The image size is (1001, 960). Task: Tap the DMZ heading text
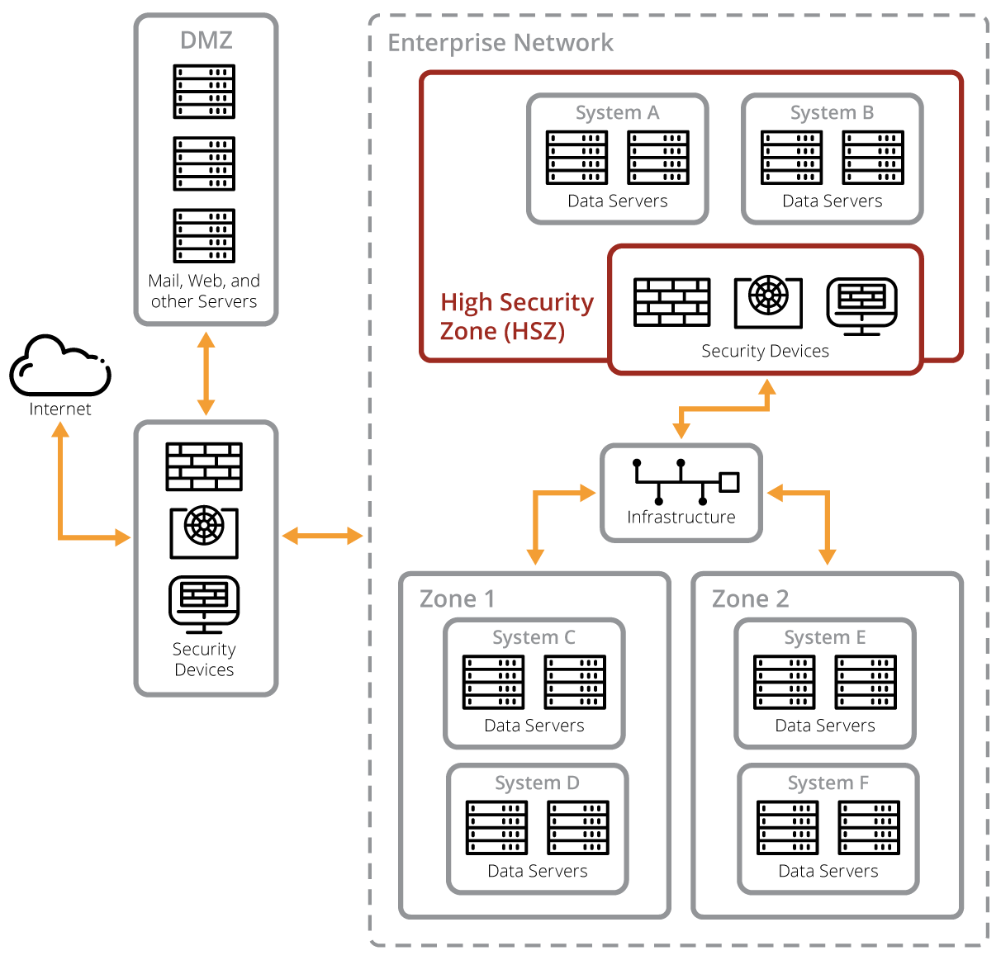[x=206, y=40]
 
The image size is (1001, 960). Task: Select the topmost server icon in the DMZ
[x=204, y=92]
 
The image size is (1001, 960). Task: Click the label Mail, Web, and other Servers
[x=204, y=291]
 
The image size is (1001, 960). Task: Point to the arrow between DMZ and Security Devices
[x=206, y=373]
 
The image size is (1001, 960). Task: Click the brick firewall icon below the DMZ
[x=204, y=467]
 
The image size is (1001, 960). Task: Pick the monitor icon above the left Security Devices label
[x=204, y=603]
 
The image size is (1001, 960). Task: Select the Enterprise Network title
[x=500, y=43]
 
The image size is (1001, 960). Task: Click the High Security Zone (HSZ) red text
[x=516, y=316]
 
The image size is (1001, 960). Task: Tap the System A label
[x=617, y=112]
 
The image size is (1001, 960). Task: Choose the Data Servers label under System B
[x=832, y=201]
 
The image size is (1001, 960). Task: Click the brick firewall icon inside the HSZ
[x=672, y=302]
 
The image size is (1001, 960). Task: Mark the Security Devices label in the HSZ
[x=765, y=351]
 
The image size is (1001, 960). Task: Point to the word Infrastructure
[x=681, y=518]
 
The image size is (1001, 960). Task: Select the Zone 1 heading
[x=457, y=598]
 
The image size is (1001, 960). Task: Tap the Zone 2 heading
[x=750, y=598]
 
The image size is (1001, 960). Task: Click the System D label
[x=537, y=783]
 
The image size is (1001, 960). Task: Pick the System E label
[x=824, y=637]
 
